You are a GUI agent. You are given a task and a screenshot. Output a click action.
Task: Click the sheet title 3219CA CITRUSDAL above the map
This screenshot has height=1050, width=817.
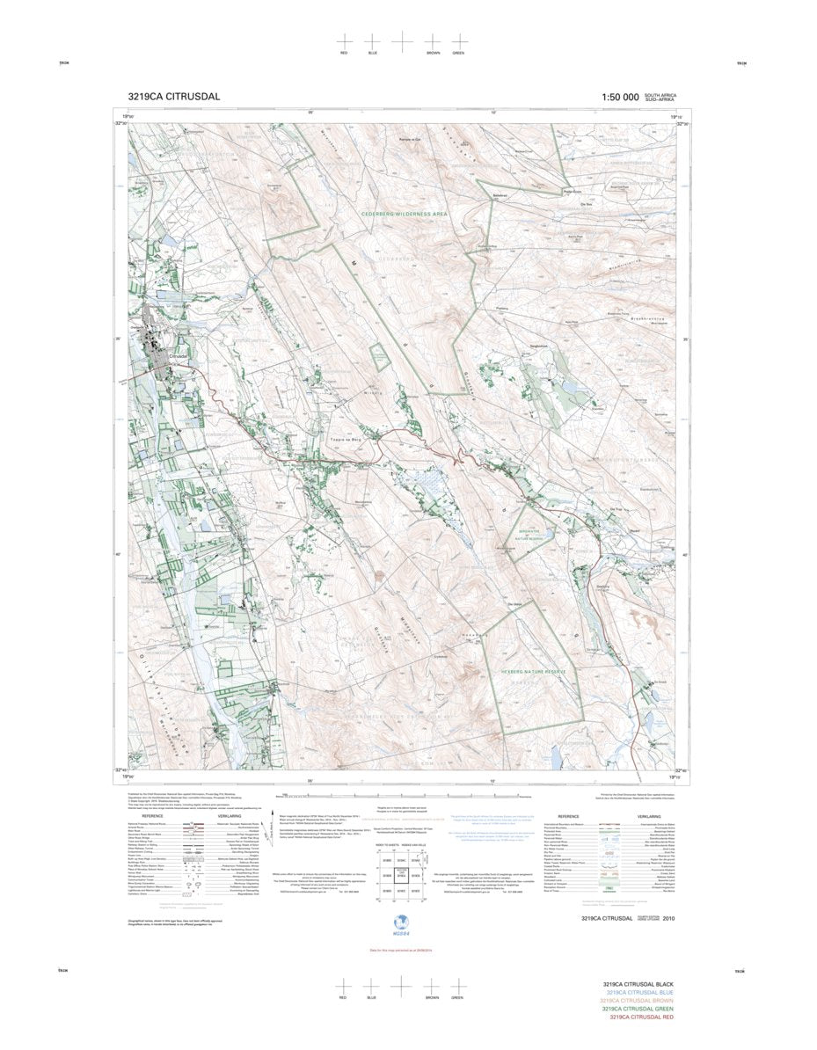pyautogui.click(x=173, y=97)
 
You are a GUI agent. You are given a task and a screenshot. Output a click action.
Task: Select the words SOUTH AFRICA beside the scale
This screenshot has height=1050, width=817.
pyautogui.click(x=660, y=94)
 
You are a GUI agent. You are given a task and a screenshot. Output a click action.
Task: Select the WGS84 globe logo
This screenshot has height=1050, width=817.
pyautogui.click(x=402, y=922)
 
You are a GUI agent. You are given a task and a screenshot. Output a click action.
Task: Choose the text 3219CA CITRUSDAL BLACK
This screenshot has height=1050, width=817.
pyautogui.click(x=636, y=984)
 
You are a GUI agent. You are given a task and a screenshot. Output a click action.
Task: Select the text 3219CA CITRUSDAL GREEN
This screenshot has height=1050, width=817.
pyautogui.click(x=635, y=1009)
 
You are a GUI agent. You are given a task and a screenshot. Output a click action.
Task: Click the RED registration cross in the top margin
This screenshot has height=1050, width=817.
pyautogui.click(x=344, y=41)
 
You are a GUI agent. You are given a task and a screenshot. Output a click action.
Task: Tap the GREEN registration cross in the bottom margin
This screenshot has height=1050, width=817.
pyautogui.click(x=457, y=987)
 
